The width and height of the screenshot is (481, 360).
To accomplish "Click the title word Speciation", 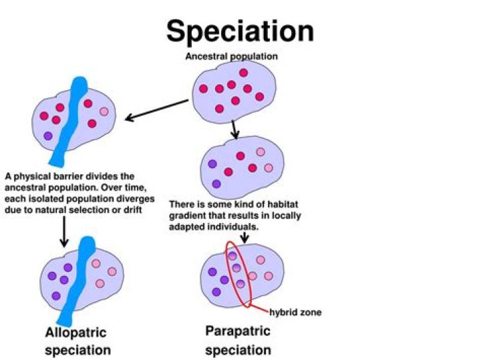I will pos(240,31).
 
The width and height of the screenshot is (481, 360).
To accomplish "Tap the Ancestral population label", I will pos(231,57).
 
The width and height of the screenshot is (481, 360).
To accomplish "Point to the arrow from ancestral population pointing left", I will pos(157,111).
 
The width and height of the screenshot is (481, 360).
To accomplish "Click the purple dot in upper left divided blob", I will pos(47,136).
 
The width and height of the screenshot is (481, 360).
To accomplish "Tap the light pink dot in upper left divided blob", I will pos(104,112).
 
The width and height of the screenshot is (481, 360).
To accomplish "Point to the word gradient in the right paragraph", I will pos(188,216).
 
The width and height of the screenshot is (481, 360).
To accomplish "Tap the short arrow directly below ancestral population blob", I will pos(234,128).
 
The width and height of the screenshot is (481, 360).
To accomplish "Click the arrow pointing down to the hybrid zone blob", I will pos(243,236).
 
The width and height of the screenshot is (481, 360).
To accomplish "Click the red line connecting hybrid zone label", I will pos(259,309).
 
